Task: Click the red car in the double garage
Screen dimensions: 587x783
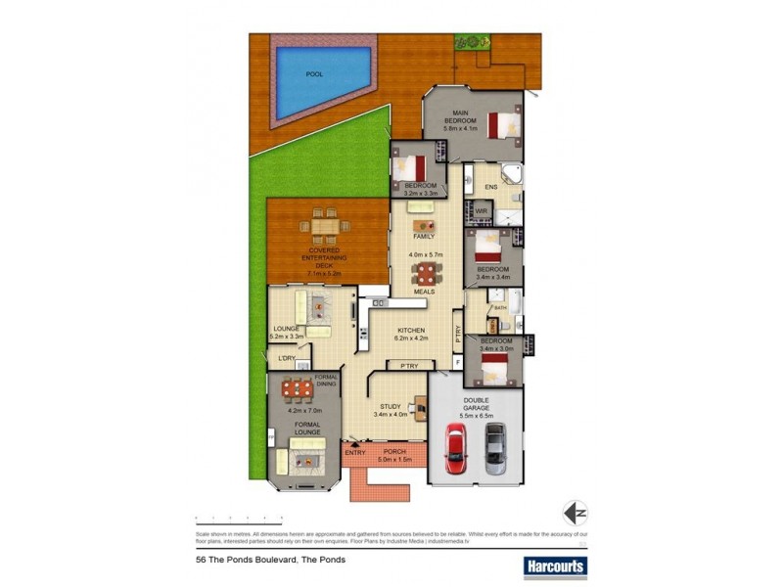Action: pos(456,449)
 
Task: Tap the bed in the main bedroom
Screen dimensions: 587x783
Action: pos(505,125)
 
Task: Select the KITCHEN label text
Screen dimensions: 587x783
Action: pos(410,331)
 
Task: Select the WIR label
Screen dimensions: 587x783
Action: pos(482,210)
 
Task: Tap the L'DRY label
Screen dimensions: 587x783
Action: pos(287,358)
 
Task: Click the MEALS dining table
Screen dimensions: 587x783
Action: pos(424,273)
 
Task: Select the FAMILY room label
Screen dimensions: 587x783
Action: pos(424,237)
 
